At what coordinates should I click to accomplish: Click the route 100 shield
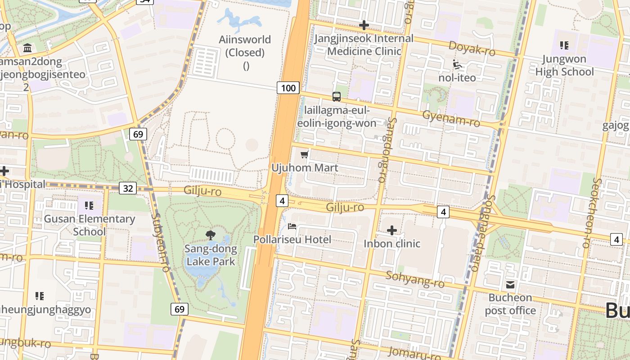[x=288, y=88]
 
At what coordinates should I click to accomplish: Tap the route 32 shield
[x=128, y=188]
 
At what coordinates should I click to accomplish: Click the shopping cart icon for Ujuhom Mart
[x=305, y=155]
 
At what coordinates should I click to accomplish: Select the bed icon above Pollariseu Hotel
[x=292, y=226]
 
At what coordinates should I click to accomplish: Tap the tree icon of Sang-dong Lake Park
[x=210, y=234]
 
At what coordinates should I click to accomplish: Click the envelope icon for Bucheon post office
[x=510, y=284]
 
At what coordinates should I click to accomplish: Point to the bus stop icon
[x=337, y=96]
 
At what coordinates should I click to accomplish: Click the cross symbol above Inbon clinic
[x=392, y=230]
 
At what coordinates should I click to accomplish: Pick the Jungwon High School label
[x=564, y=65]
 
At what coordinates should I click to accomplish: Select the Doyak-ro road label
[x=472, y=49]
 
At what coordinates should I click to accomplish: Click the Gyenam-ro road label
[x=451, y=118]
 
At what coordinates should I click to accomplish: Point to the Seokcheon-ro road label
[x=591, y=213]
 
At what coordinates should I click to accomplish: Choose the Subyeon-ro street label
[x=160, y=242]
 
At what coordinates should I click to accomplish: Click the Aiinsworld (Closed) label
[x=245, y=46]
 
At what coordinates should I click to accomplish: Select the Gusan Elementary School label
[x=89, y=225]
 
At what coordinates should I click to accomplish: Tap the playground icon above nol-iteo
[x=457, y=64]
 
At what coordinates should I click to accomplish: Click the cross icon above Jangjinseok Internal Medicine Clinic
[x=364, y=25]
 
